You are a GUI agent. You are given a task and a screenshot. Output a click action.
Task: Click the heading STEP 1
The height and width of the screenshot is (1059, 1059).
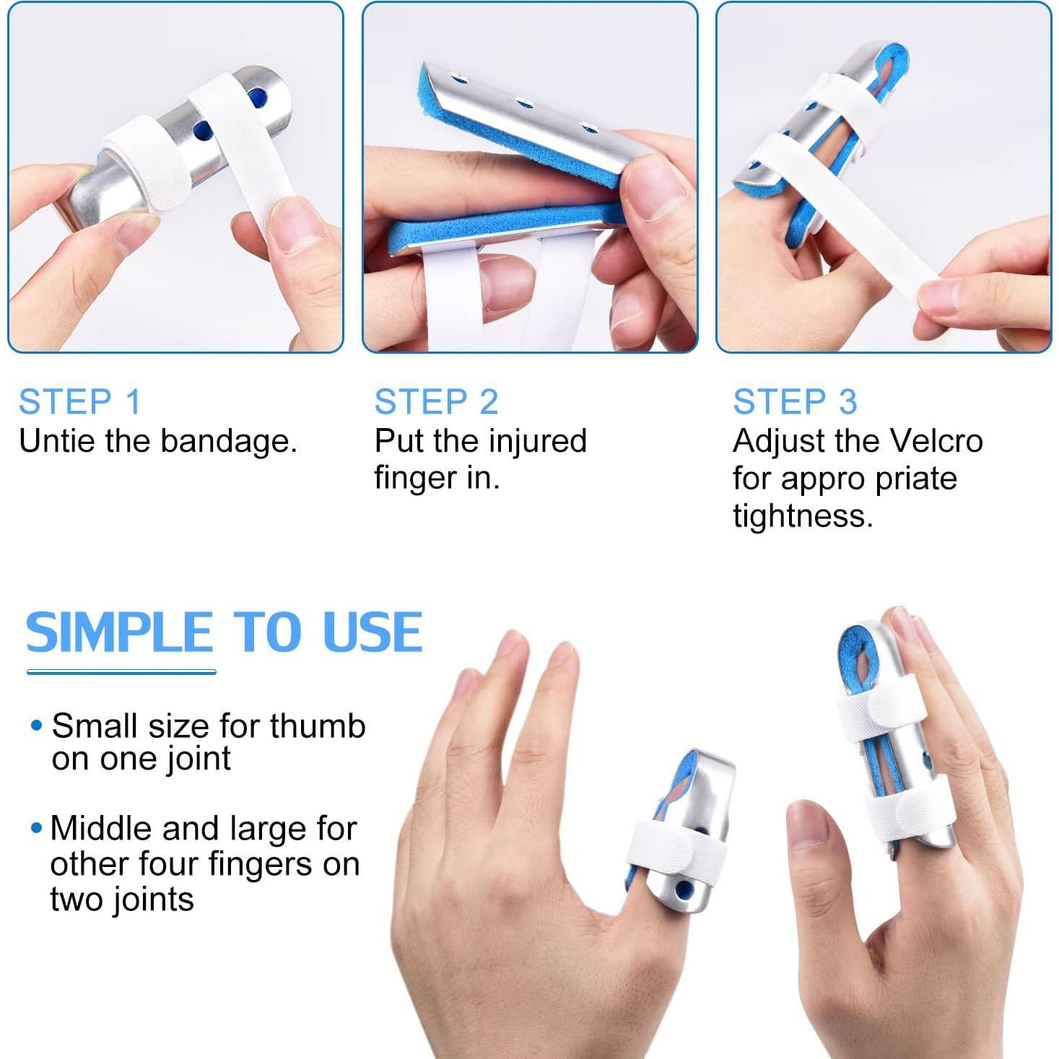pyautogui.click(x=79, y=402)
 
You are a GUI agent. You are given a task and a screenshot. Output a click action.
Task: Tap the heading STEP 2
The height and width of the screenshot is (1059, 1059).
pyautogui.click(x=436, y=402)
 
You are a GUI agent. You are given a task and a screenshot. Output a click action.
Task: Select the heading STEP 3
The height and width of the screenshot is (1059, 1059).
pyautogui.click(x=795, y=402)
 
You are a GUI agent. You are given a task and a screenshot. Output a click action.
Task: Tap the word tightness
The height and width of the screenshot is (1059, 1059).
pyautogui.click(x=803, y=516)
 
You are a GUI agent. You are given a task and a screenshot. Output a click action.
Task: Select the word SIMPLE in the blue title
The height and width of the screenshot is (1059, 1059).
pyautogui.click(x=120, y=632)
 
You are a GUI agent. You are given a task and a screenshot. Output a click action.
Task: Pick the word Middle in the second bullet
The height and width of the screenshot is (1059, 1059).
pyautogui.click(x=98, y=829)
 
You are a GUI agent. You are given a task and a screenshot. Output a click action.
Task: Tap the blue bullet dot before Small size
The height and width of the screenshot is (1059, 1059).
pyautogui.click(x=37, y=725)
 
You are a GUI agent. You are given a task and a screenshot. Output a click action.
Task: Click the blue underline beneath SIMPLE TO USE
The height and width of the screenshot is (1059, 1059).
pyautogui.click(x=121, y=672)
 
